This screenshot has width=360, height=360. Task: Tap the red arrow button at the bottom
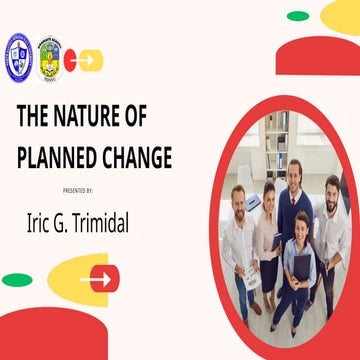coord(101,278)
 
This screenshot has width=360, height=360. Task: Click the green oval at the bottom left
coord(17,280)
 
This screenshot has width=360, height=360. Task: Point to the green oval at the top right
coord(298,16)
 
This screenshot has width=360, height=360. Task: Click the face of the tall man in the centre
coord(293,173)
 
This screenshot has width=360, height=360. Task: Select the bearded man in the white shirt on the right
coord(331,220)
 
